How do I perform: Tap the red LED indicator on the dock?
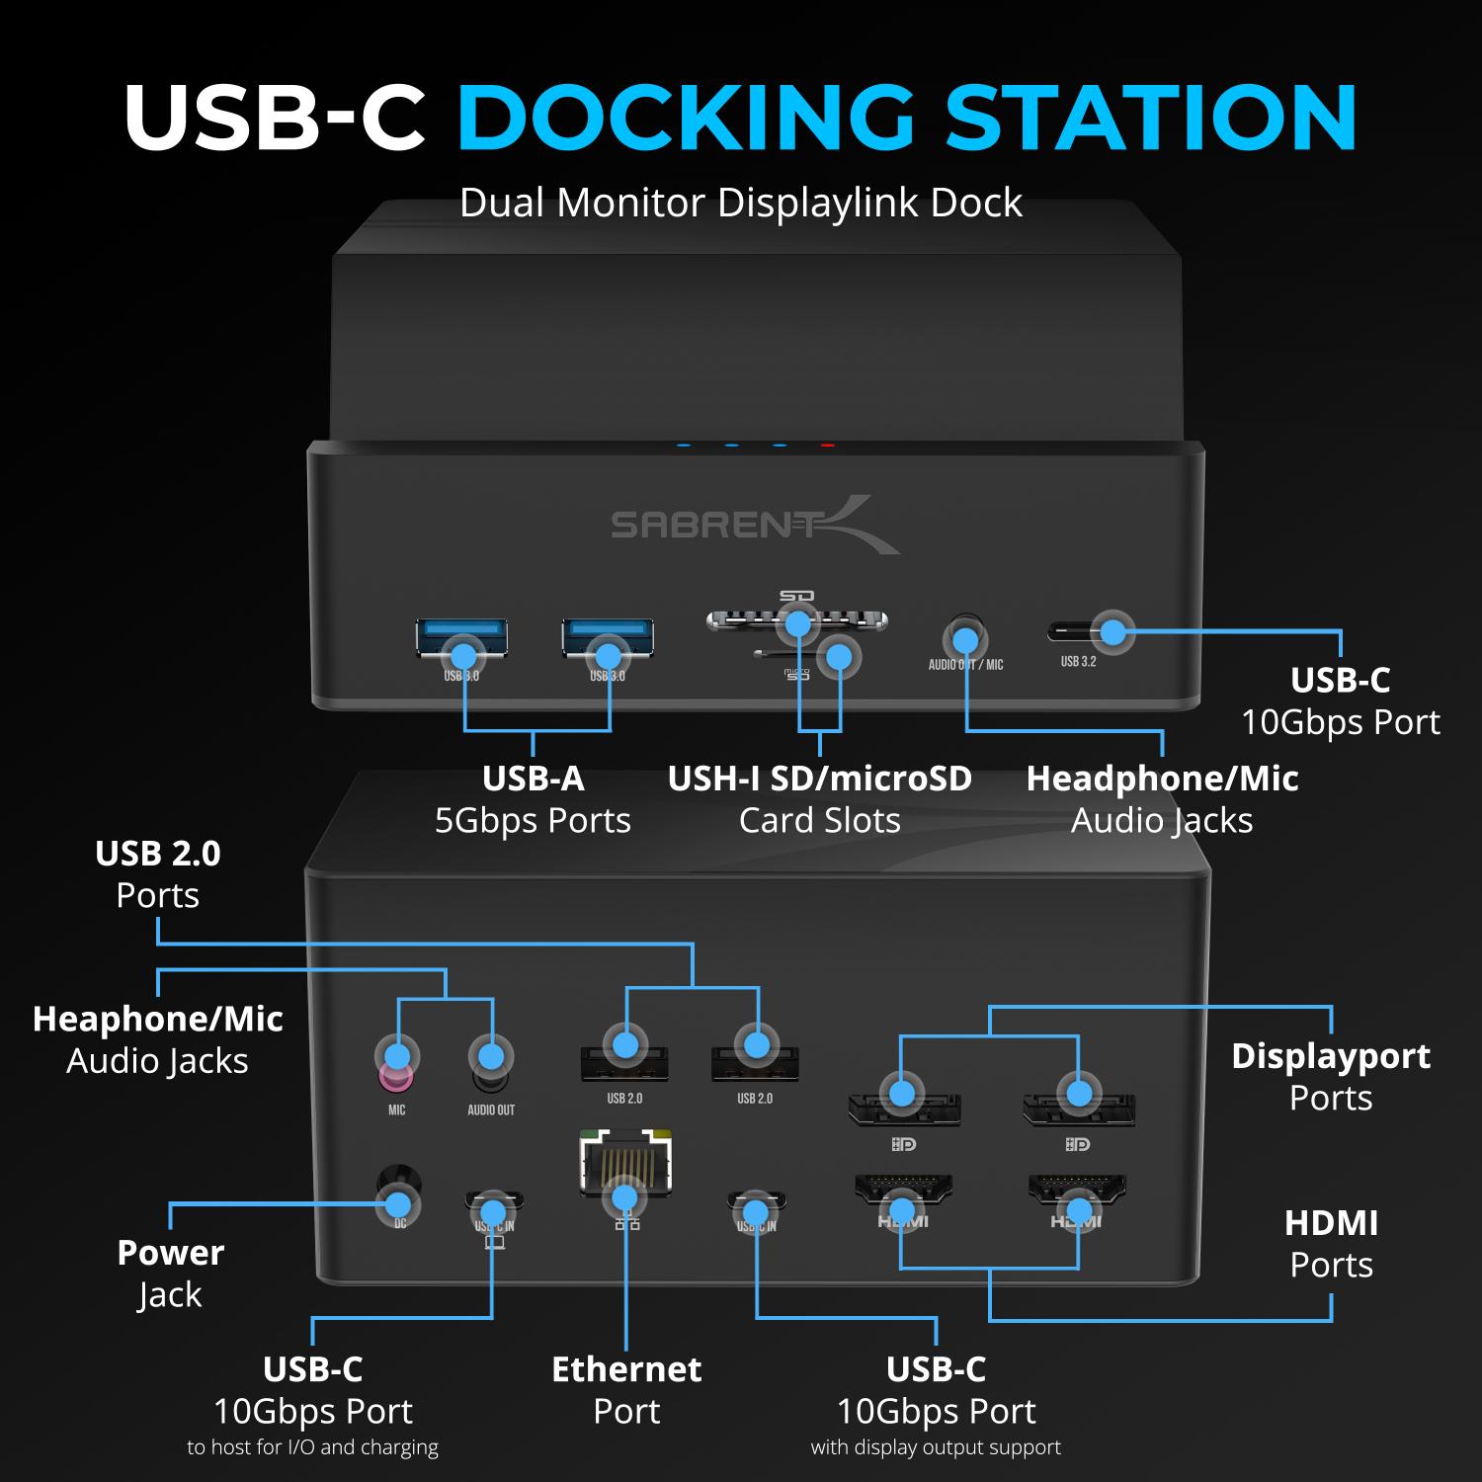tap(827, 446)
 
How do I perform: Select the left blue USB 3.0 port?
tap(461, 637)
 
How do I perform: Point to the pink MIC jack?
tap(396, 1072)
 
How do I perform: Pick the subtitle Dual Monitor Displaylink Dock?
tap(740, 203)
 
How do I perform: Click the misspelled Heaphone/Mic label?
tap(158, 1019)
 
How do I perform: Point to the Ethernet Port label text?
tap(626, 1389)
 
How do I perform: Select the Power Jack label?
tap(170, 1273)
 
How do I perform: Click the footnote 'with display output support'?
tap(936, 1447)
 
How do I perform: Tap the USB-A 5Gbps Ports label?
tap(533, 799)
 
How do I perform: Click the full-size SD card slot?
tap(796, 620)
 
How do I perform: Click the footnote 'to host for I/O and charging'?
tap(312, 1447)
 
